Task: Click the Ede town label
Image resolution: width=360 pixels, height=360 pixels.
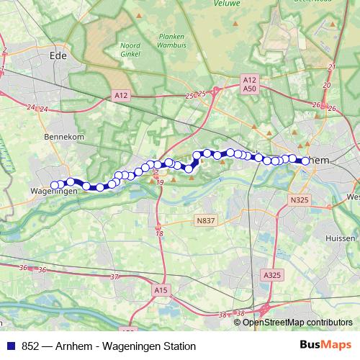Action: click(57, 54)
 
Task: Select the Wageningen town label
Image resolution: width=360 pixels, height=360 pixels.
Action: click(54, 192)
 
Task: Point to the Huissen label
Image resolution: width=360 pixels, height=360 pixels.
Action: click(341, 238)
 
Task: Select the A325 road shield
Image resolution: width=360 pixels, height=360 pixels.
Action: click(272, 275)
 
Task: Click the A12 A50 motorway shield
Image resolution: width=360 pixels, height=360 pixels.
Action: click(249, 84)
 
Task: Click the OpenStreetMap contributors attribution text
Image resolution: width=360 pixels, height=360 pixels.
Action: click(297, 323)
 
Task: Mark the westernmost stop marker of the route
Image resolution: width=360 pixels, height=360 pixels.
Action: click(54, 185)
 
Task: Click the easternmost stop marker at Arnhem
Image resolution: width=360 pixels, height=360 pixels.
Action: click(306, 161)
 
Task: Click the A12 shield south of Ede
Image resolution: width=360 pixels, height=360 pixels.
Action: click(121, 94)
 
